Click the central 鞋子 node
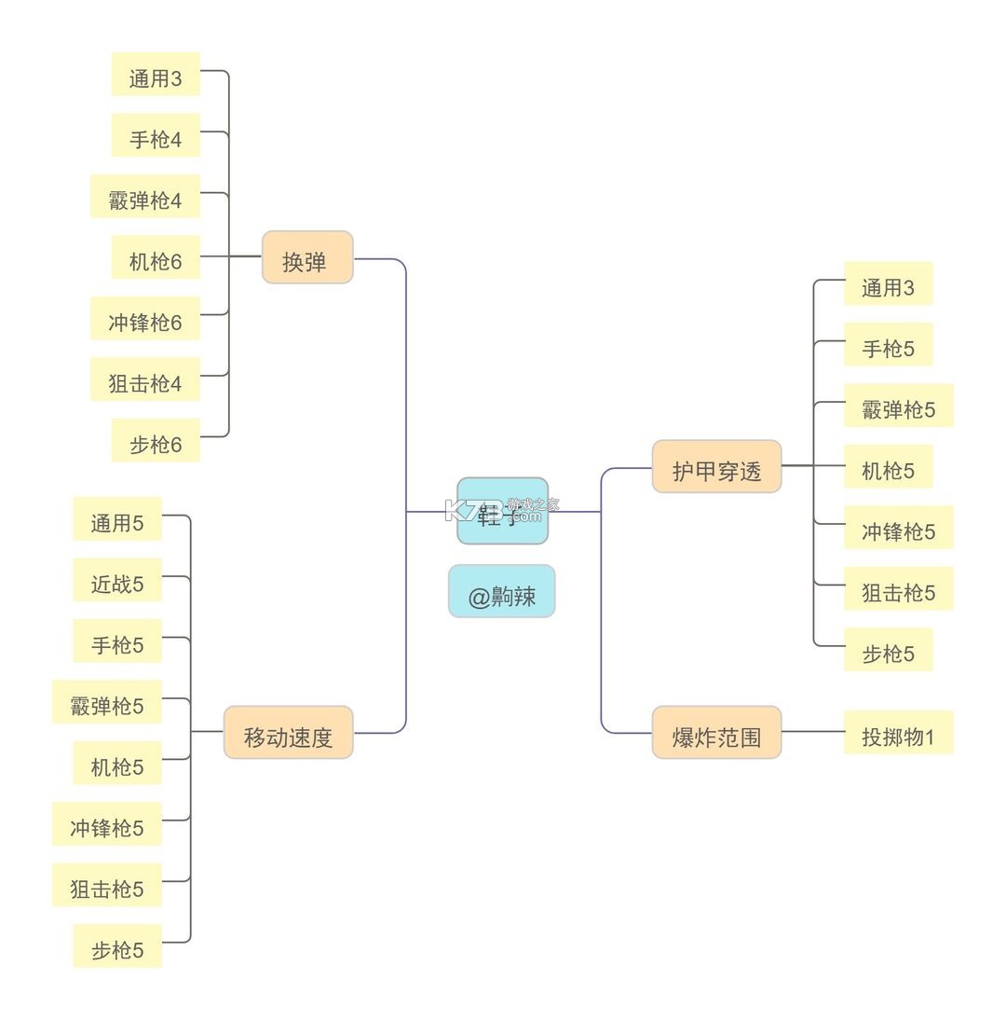[502, 511]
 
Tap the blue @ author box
[501, 591]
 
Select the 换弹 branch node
[307, 257]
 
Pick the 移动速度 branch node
[288, 733]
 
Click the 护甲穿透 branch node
[716, 466]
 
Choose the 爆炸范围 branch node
[716, 733]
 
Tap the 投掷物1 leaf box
[898, 733]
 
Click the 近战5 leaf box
[117, 580]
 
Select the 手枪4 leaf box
[156, 135]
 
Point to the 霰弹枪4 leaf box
[145, 197]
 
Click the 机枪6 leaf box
[156, 257]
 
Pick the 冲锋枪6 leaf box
[145, 319]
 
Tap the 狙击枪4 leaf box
[145, 379]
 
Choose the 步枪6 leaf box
[156, 440]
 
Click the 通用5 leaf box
[117, 519]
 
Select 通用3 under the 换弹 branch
[156, 75]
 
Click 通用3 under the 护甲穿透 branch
[888, 283]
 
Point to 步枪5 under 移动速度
[117, 946]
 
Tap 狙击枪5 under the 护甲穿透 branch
[898, 588]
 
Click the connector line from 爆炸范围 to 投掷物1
[812, 732]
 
